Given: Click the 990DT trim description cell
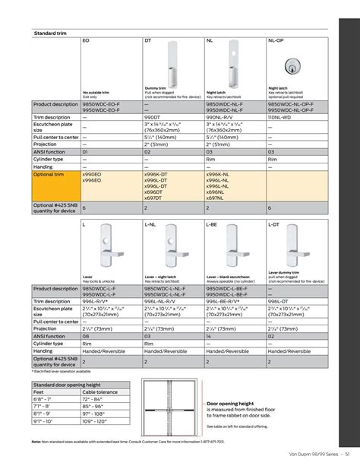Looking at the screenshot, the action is [152, 118].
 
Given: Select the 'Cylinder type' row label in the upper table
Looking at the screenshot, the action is [50, 160].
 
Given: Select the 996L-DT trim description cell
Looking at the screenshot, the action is [279, 302].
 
